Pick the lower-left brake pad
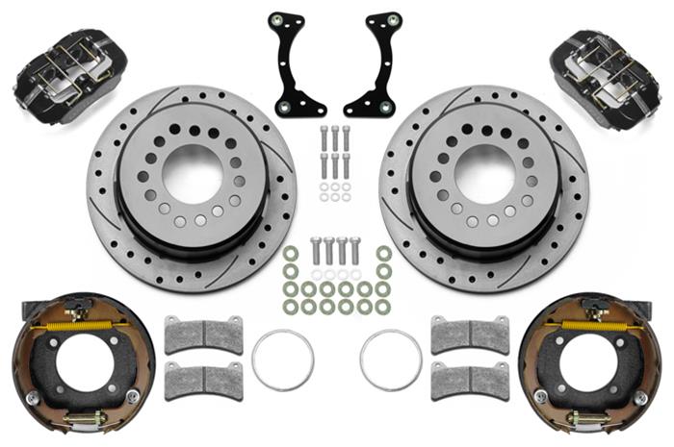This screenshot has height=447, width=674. [x=203, y=380]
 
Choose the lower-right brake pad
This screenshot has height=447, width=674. [x=469, y=380]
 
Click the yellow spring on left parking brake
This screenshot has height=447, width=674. [x=76, y=325]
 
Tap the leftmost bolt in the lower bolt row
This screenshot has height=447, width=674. [x=315, y=252]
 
